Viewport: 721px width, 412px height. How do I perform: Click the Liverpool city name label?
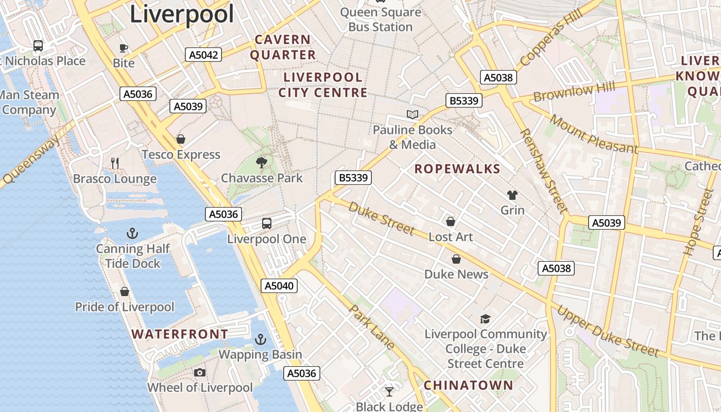[x=182, y=14]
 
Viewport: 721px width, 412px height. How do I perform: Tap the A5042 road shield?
[x=203, y=55]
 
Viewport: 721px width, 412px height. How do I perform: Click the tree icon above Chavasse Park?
[x=262, y=163]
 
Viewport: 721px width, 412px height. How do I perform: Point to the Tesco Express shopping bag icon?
[x=181, y=139]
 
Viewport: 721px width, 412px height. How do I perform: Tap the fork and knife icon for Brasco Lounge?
[x=115, y=163]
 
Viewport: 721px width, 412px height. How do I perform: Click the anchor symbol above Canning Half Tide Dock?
[x=132, y=234]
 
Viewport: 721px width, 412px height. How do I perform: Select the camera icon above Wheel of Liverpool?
[x=200, y=372]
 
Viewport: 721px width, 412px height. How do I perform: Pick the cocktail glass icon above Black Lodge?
[x=389, y=392]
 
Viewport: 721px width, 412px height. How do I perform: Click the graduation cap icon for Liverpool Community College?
[x=485, y=319]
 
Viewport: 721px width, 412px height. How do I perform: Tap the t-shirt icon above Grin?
[x=512, y=195]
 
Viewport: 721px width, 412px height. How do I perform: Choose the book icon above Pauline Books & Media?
[x=413, y=114]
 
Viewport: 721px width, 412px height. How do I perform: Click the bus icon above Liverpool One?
[x=267, y=224]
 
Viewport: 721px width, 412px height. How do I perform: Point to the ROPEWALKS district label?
[x=457, y=169]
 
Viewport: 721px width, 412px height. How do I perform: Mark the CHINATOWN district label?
[x=468, y=385]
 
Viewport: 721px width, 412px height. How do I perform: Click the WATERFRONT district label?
[x=180, y=334]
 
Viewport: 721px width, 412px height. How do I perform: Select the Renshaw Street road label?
[x=543, y=171]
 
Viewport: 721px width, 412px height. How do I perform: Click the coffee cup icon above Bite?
[x=124, y=48]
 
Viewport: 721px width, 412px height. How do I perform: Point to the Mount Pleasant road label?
[x=593, y=134]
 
